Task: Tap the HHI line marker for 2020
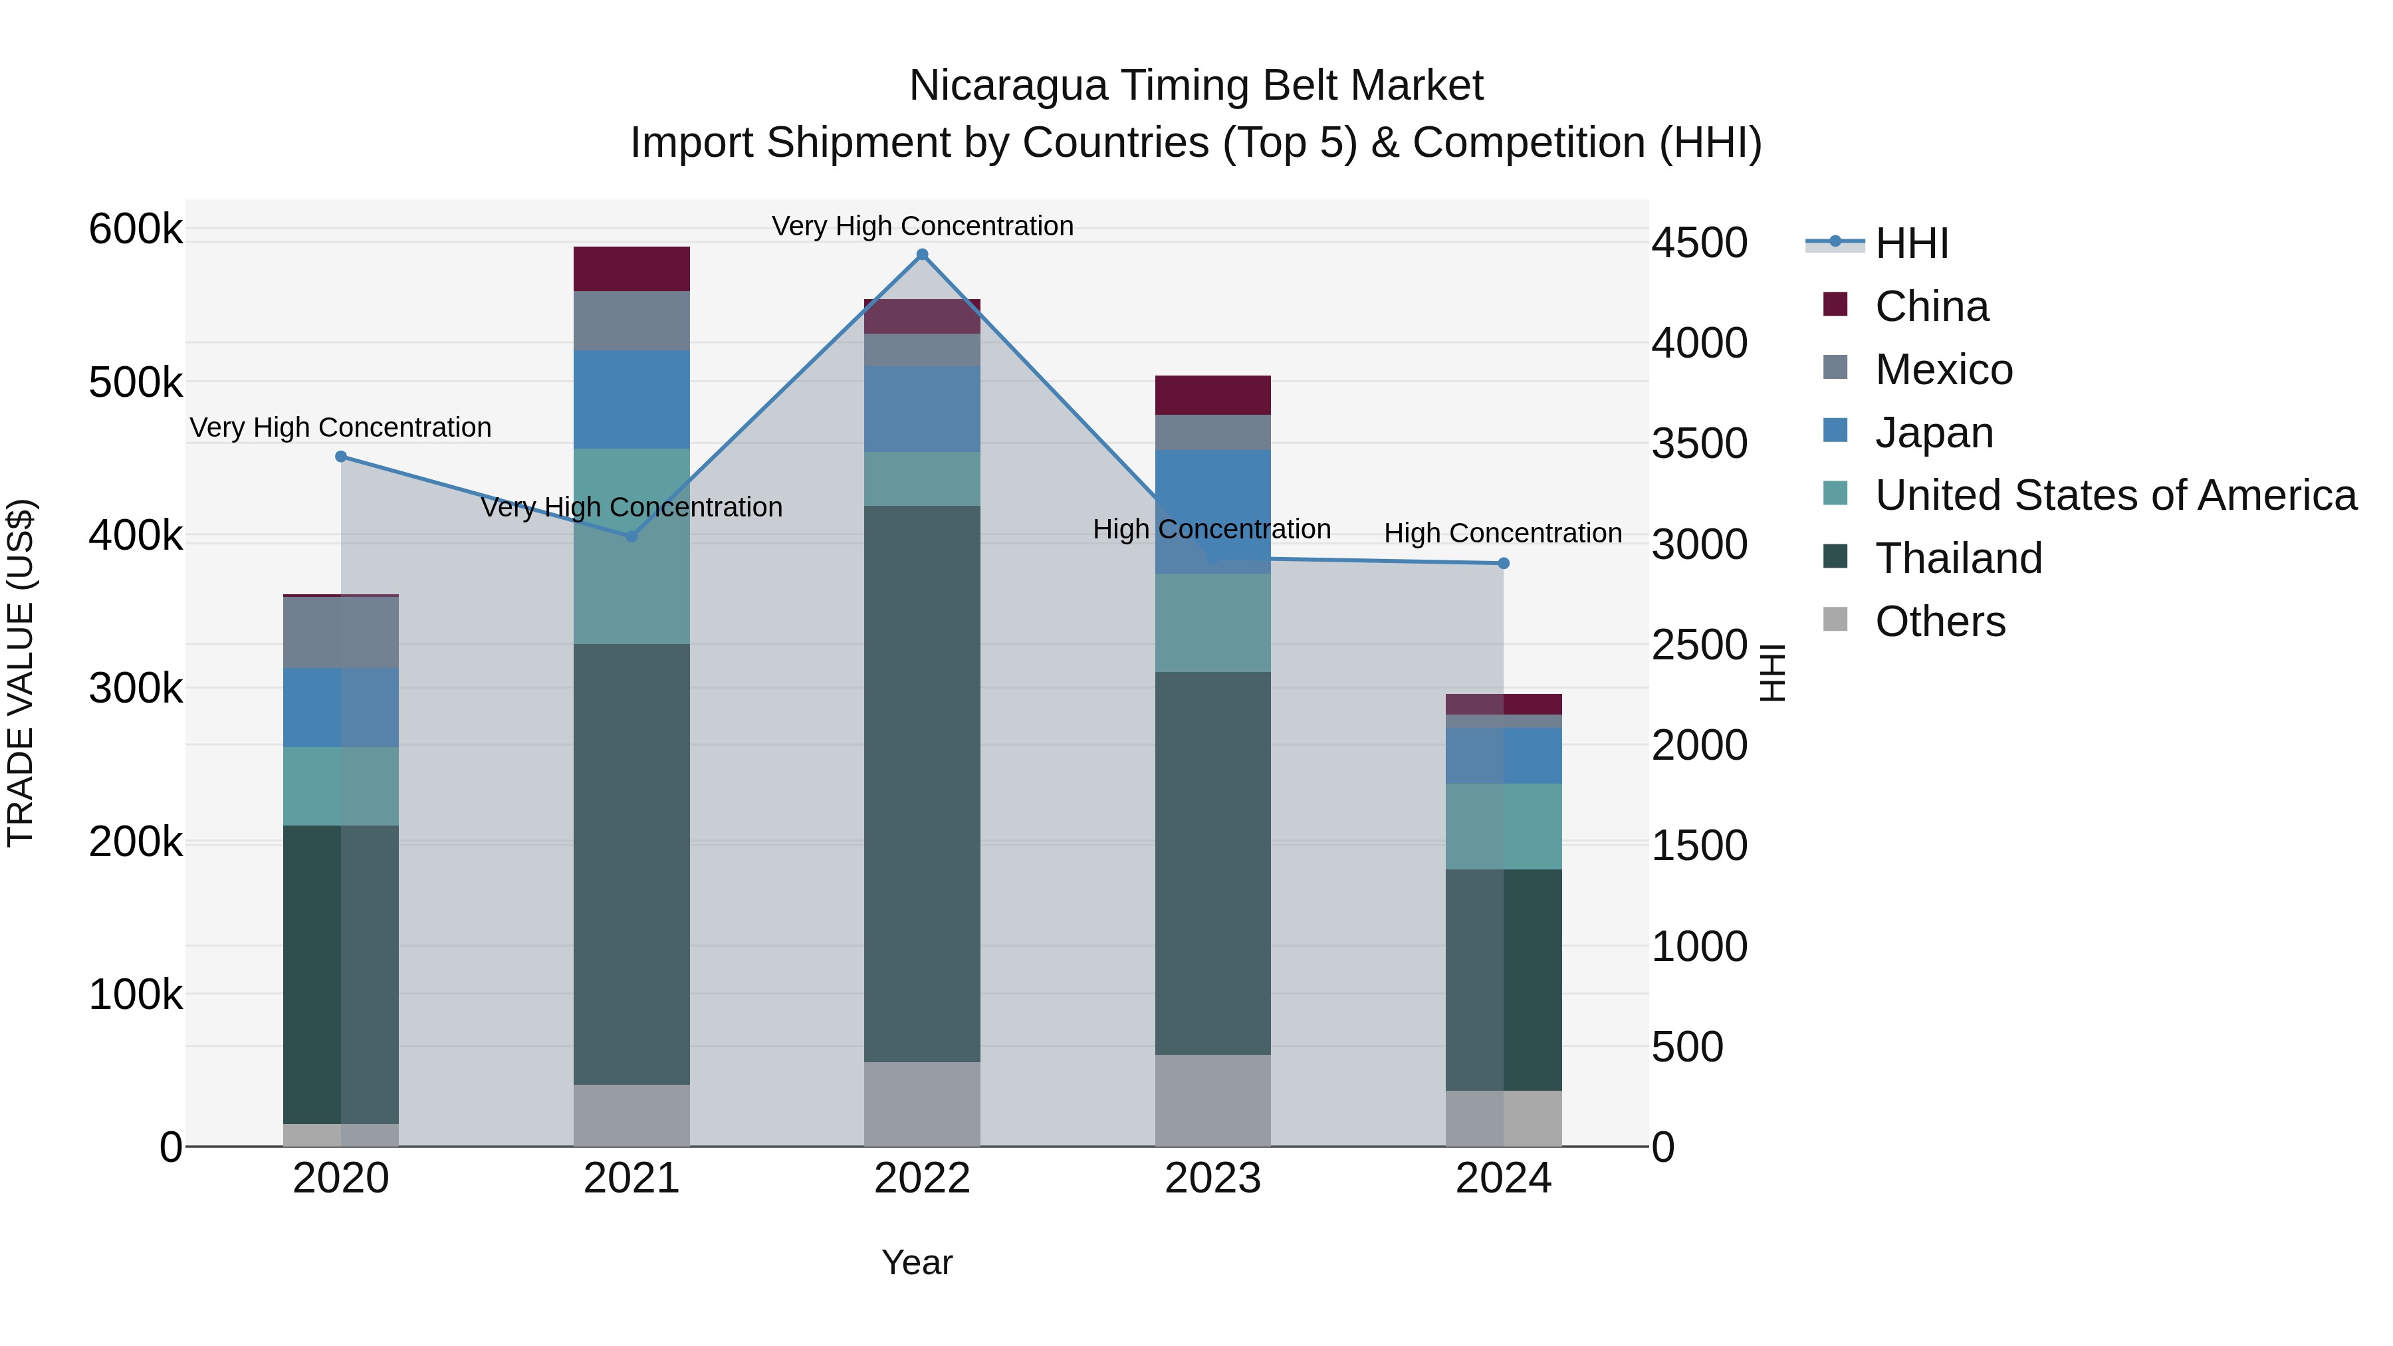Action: [341, 456]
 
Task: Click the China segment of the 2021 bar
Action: [631, 269]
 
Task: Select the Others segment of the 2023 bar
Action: [1212, 1100]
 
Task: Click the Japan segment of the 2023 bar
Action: [1212, 511]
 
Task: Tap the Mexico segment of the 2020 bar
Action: [341, 633]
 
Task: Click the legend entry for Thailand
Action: [1958, 558]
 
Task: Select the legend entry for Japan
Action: [1934, 433]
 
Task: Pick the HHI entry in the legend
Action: [1911, 243]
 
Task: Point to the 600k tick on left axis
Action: [136, 229]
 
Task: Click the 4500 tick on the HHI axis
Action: [1699, 243]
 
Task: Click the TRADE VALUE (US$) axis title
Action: [21, 673]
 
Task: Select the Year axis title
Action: [917, 1262]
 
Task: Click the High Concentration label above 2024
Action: [1502, 533]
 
